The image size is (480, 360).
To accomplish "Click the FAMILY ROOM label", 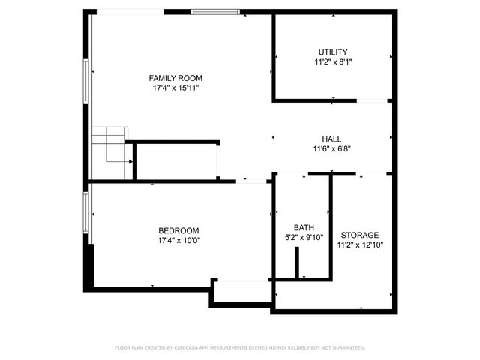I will [175, 78].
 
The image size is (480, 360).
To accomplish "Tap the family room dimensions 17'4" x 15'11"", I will [175, 88].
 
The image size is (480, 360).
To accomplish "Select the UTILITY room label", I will [333, 52].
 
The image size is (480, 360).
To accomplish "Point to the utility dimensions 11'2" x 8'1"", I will [333, 61].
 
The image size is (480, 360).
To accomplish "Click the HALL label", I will [331, 139].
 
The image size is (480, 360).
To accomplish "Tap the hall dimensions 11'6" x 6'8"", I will [331, 149].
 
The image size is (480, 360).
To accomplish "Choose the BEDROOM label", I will [178, 230].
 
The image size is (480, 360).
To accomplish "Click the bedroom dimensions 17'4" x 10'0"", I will [178, 240].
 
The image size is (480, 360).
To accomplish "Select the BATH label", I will [304, 228].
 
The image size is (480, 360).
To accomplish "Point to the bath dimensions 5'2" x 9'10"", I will [304, 238].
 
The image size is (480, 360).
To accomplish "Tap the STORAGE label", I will [360, 235].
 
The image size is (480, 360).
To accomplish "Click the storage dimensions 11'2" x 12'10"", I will [360, 244].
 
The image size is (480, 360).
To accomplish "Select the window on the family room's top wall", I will [215, 11].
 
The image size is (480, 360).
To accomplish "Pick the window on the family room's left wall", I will [86, 79].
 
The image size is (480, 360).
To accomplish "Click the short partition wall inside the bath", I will [298, 262].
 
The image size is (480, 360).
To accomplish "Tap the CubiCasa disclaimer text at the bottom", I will [240, 348].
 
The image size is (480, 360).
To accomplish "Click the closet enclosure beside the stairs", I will [176, 160].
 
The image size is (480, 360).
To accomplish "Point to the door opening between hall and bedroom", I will [253, 181].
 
